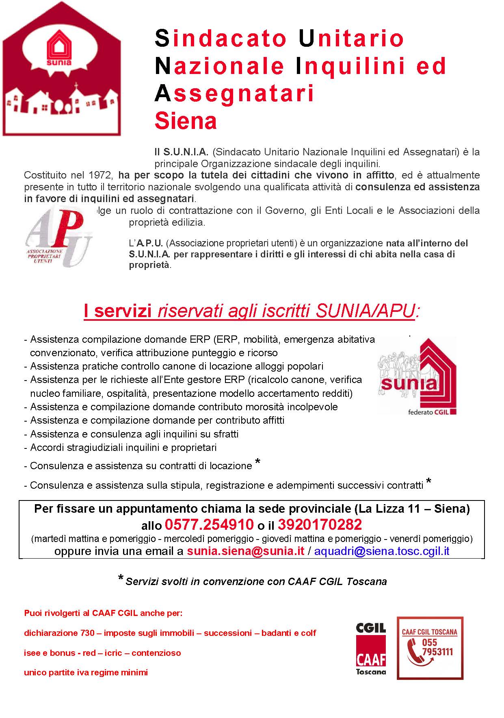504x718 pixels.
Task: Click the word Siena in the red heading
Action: coord(186,121)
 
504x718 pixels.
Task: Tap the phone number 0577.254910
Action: coord(209,525)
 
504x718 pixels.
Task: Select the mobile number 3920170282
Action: coord(320,525)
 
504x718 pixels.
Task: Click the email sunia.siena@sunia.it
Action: coord(245,551)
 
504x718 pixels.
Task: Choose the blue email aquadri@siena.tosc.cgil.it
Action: coord(382,551)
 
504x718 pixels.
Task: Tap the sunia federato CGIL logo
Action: coord(417,376)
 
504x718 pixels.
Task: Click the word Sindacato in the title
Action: coord(221,38)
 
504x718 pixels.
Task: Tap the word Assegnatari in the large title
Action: coord(235,93)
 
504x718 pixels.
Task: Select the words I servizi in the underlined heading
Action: coord(117,311)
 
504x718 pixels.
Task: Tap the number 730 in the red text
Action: coord(87,633)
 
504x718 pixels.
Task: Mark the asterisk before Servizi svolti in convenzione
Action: coord(121,579)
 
